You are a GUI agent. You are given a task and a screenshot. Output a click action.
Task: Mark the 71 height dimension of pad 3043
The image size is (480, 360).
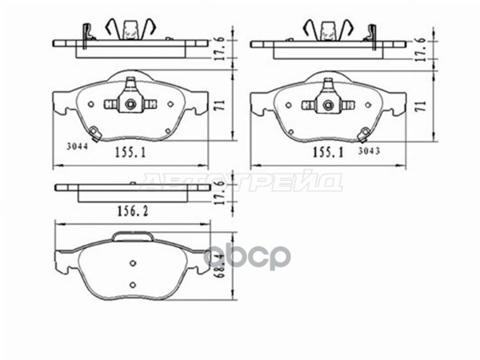(x=419, y=102)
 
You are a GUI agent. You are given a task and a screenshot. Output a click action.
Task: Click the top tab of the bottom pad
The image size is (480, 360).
(x=134, y=235)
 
